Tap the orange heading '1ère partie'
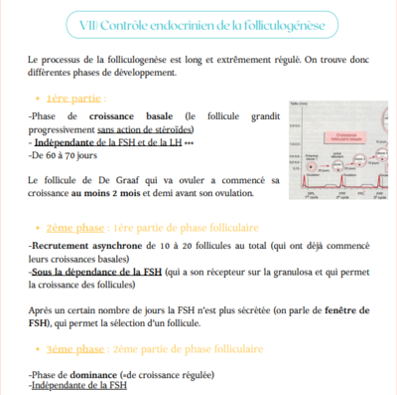[x=74, y=99]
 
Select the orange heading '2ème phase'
[x=76, y=228]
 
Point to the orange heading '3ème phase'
[x=76, y=350]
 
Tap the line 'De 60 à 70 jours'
[x=65, y=156]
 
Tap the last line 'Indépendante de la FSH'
[x=78, y=385]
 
